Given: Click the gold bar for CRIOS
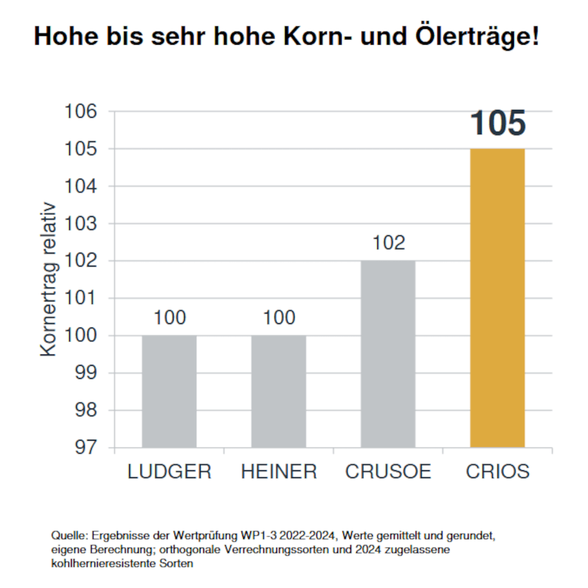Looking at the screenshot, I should click(497, 298).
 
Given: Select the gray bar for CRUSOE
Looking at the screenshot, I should click(388, 353).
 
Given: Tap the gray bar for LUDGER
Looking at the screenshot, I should click(169, 391).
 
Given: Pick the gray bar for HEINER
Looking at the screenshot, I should click(279, 391).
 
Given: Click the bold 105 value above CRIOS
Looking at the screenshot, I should click(497, 123).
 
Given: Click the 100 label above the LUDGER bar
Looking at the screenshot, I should click(169, 318).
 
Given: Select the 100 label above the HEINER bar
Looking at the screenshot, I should click(279, 318).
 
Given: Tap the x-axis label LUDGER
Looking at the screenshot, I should click(169, 472).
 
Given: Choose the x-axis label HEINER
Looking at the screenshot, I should click(279, 472).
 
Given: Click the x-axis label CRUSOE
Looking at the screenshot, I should click(388, 472).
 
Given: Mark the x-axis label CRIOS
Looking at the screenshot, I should click(497, 472).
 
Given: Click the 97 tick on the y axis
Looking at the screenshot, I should click(86, 447).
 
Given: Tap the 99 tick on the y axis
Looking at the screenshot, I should click(86, 373).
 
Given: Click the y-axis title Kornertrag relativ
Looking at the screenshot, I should click(48, 279).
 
